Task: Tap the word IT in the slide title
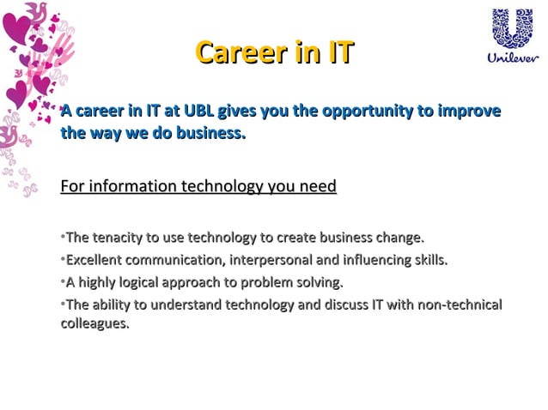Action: [x=333, y=52]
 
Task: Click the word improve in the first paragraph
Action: [x=469, y=112]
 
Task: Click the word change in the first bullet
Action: [x=401, y=238]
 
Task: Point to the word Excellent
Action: [x=96, y=260]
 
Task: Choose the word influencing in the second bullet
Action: [x=379, y=260]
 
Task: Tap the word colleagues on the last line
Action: [x=94, y=324]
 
